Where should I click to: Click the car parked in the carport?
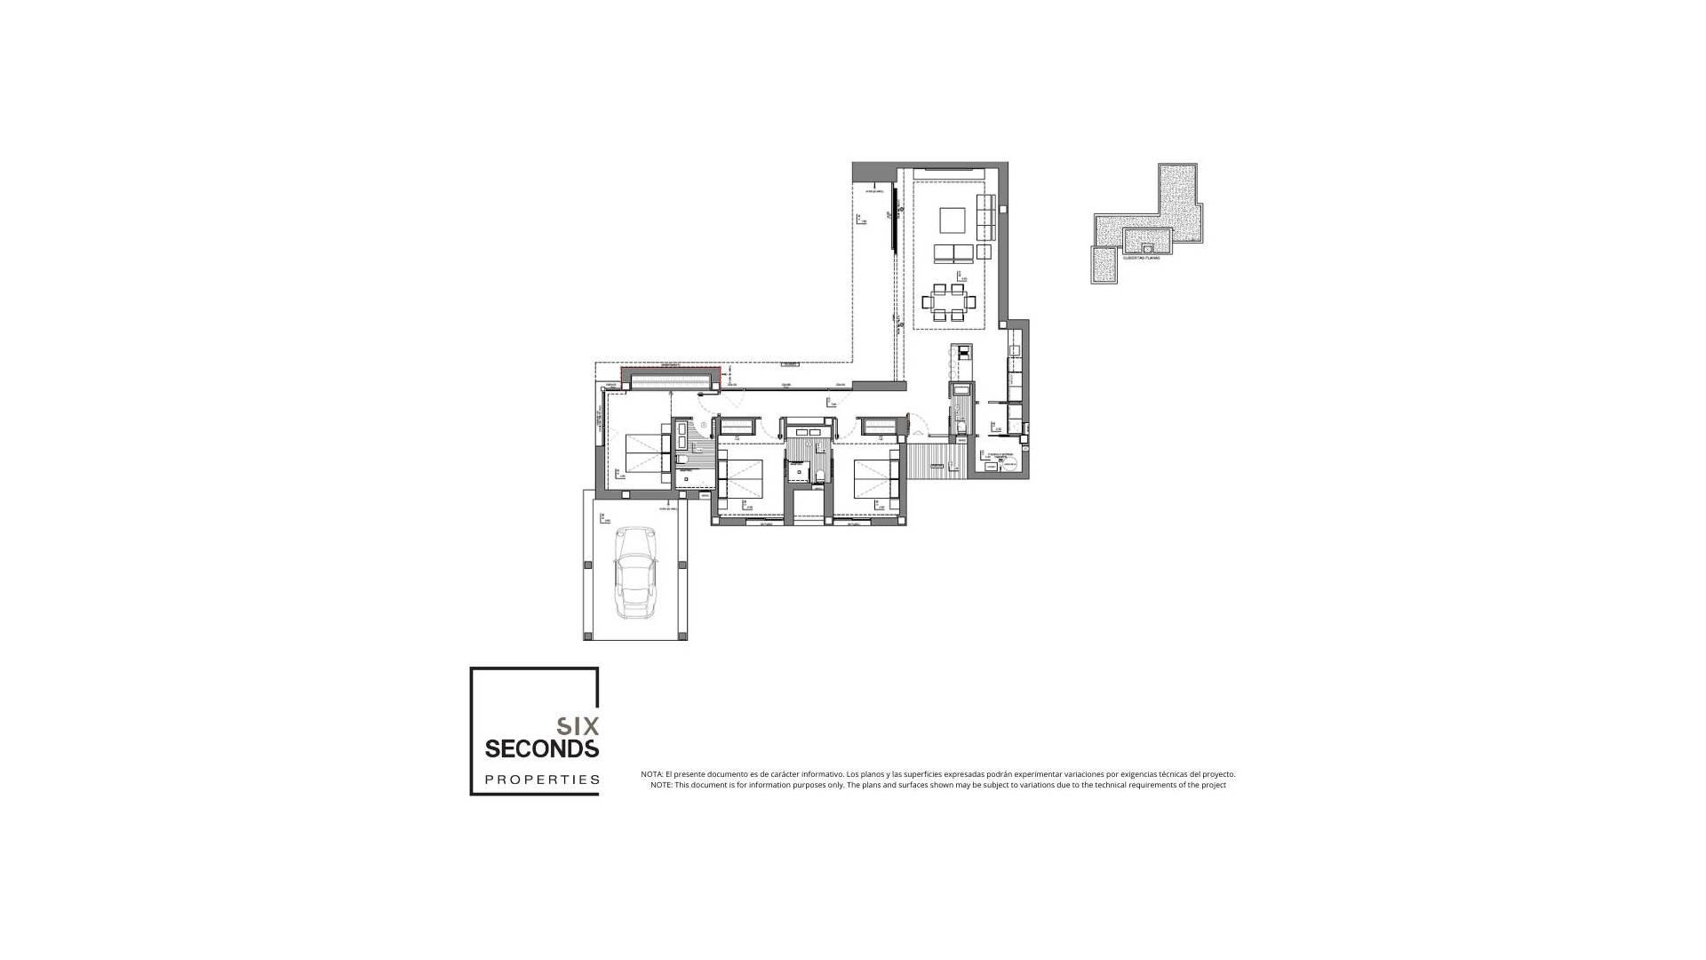coord(635,573)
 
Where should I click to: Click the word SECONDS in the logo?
coord(541,749)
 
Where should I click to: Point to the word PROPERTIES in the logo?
coord(541,780)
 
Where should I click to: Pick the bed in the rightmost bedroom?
coord(873,478)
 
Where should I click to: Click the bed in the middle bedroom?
coord(739,478)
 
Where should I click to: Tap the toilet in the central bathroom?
coord(819,474)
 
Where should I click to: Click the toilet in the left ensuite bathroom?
coord(682,460)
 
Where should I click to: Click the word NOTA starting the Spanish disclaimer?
coord(651,774)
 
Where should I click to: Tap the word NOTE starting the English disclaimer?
coord(661,785)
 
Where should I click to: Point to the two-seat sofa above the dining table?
coord(953,254)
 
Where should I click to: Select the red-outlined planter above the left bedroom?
coord(670,379)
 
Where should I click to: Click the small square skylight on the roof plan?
coord(1148,248)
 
